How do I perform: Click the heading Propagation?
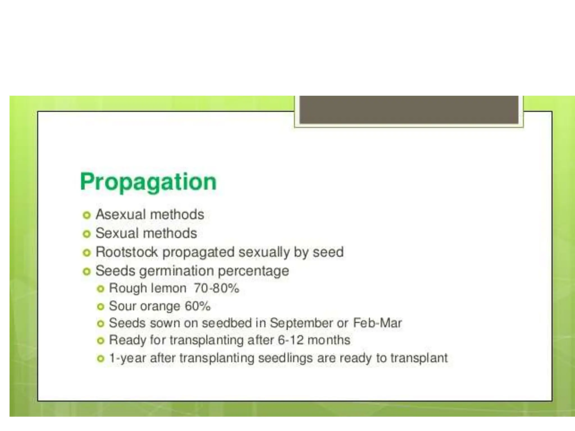click(x=148, y=182)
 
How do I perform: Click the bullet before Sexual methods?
click(x=87, y=234)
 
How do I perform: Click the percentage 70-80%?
click(x=216, y=288)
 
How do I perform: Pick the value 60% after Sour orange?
click(x=197, y=306)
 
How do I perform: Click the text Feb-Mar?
click(x=377, y=323)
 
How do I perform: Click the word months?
click(x=329, y=340)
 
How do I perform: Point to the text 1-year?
click(x=127, y=358)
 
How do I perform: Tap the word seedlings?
click(x=285, y=358)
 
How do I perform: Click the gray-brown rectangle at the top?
click(x=409, y=109)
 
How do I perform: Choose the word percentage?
click(x=253, y=271)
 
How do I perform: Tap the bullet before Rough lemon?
click(x=100, y=289)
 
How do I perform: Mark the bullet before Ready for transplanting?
click(x=100, y=341)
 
